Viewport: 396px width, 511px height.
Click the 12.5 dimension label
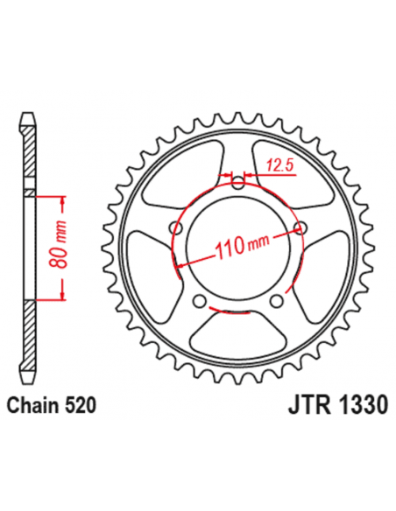tap(279, 164)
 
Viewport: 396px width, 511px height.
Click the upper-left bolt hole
tap(178, 228)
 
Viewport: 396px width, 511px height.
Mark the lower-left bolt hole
tap(201, 301)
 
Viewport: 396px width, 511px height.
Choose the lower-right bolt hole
tap(277, 301)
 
